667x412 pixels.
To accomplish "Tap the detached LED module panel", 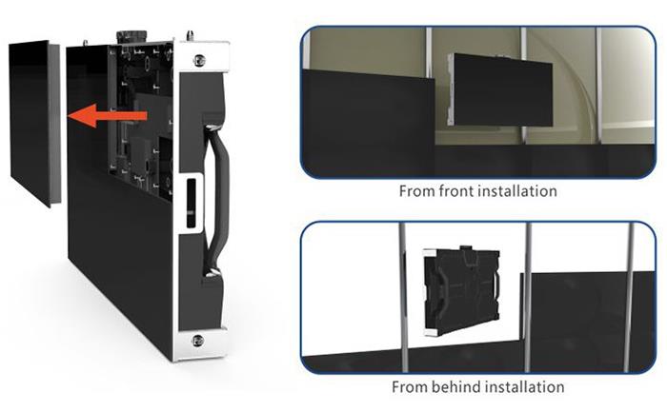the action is (35, 123).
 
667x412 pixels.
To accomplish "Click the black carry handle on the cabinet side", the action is (217, 199).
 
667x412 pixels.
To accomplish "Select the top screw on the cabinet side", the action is (198, 60).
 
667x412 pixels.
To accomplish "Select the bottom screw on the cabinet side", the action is (197, 341).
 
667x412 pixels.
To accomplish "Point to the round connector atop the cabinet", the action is (131, 35).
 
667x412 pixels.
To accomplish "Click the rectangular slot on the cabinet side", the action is (192, 203).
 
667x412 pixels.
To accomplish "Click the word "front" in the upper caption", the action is (455, 191).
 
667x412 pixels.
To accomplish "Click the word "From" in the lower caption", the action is (410, 387).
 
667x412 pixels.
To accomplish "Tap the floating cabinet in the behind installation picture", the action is (461, 291).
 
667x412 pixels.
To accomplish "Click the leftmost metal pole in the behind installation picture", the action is (403, 297).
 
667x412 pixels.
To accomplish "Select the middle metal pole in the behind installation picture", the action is (527, 297).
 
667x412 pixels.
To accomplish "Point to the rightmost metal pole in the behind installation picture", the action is (629, 297).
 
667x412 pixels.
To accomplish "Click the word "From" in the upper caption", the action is (417, 191).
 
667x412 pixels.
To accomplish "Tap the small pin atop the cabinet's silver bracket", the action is (189, 35).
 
